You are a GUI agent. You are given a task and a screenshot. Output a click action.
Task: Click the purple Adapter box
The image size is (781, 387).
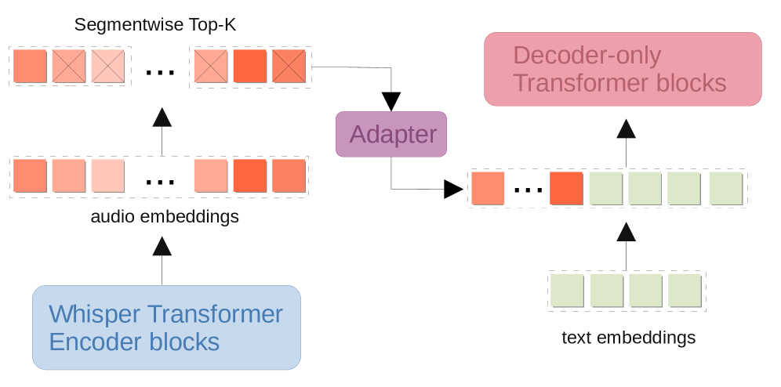pyautogui.click(x=391, y=134)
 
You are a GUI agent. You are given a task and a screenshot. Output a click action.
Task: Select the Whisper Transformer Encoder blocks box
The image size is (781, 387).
pyautogui.click(x=166, y=327)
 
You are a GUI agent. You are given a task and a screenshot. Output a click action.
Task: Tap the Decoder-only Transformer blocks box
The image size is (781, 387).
pyautogui.click(x=623, y=69)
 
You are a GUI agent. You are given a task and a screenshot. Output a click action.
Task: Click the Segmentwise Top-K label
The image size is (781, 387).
pyautogui.click(x=155, y=25)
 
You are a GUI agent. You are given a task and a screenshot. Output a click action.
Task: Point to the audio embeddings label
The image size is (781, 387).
pyautogui.click(x=164, y=216)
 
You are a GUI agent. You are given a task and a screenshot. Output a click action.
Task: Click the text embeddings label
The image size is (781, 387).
pyautogui.click(x=629, y=338)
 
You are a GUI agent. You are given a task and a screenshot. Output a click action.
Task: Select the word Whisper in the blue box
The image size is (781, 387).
pyautogui.click(x=95, y=314)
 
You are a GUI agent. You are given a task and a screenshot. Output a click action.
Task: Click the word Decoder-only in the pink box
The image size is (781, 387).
pyautogui.click(x=587, y=56)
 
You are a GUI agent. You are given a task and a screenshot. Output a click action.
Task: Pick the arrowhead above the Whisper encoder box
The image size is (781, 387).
pyautogui.click(x=162, y=246)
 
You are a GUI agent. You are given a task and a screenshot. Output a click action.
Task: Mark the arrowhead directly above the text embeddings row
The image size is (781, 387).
pyautogui.click(x=626, y=231)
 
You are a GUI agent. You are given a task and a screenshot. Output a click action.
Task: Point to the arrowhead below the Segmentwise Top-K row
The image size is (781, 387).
pyautogui.click(x=162, y=118)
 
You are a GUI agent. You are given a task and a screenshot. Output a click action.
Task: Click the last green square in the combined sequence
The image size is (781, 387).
pyautogui.click(x=725, y=189)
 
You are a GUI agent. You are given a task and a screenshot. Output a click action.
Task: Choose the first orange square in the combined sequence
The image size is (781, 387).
pyautogui.click(x=488, y=189)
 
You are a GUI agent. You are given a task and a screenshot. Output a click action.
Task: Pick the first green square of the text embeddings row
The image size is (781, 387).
pyautogui.click(x=567, y=290)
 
